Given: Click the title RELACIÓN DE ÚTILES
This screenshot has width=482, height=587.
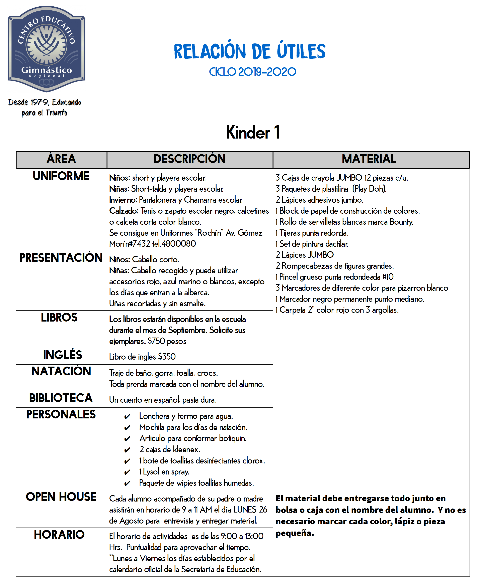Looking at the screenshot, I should [x=250, y=52].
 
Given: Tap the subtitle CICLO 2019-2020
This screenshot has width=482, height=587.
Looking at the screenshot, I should [x=252, y=72].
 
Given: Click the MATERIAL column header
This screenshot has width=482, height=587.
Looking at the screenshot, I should [x=369, y=159].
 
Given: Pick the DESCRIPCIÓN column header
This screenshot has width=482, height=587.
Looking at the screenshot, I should [x=190, y=159].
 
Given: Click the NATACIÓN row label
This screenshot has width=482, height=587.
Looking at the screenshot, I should [x=61, y=371].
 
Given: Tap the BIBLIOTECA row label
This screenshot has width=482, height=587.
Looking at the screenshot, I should [x=61, y=398].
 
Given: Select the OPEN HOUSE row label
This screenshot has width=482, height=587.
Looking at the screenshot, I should [x=61, y=497].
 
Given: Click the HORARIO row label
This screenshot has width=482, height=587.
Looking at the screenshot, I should [x=59, y=534].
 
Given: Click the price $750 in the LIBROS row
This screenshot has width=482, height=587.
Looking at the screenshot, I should [x=156, y=341].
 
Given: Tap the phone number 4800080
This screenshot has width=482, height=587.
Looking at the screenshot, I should [x=178, y=244].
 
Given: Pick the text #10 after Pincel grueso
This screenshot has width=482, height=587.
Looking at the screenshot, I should [x=388, y=277].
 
